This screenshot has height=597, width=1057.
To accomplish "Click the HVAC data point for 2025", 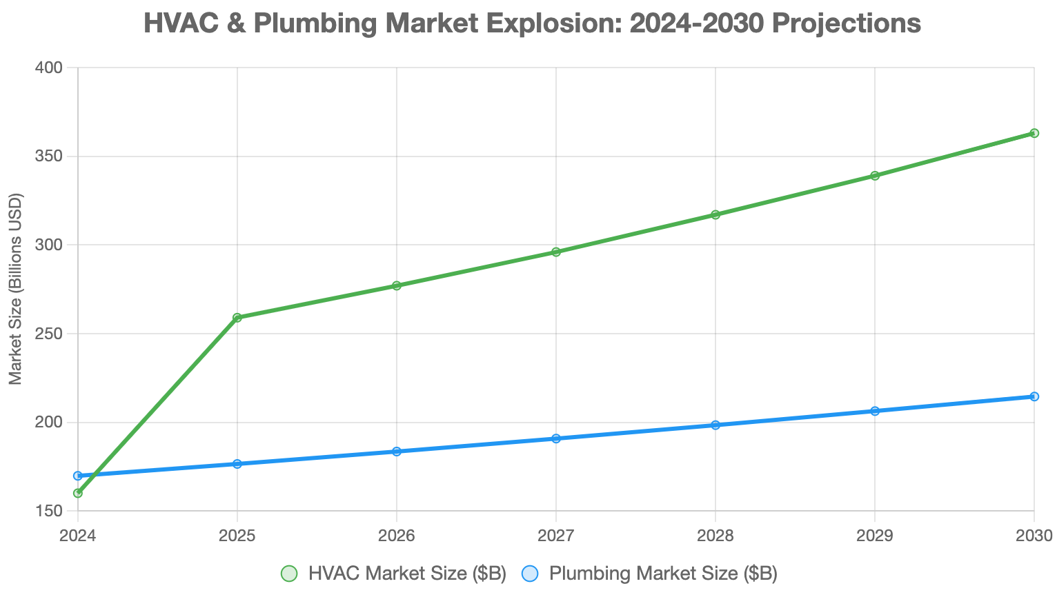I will tap(237, 318).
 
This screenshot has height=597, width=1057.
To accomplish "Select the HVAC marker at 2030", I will tap(1034, 133).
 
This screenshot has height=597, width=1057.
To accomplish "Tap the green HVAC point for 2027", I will tap(556, 252).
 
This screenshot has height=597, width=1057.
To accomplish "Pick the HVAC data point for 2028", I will tap(715, 214).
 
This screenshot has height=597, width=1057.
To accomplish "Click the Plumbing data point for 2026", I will tap(397, 452).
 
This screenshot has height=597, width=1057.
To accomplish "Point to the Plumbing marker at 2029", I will tap(875, 411).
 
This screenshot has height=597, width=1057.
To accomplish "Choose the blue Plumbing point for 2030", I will tap(1034, 396).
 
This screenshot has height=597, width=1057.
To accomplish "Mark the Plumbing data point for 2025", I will tap(237, 464).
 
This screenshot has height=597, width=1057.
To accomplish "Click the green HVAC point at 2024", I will tap(78, 493).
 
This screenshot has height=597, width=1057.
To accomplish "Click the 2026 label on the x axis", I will tap(397, 536).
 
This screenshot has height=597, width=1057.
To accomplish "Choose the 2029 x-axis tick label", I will tap(875, 536).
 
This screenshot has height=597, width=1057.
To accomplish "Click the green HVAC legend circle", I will tap(289, 574).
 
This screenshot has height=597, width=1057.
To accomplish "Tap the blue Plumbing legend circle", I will tap(530, 574).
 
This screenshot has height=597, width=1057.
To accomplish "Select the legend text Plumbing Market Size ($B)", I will tap(663, 574).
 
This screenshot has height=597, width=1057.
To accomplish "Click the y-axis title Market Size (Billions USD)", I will tap(16, 290).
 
